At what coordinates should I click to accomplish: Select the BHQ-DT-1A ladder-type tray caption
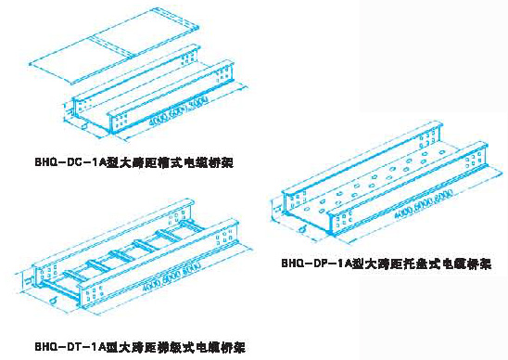point(139,347)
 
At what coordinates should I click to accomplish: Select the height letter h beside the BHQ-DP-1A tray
point(270,203)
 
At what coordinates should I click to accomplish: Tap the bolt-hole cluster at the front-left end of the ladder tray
point(42,277)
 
